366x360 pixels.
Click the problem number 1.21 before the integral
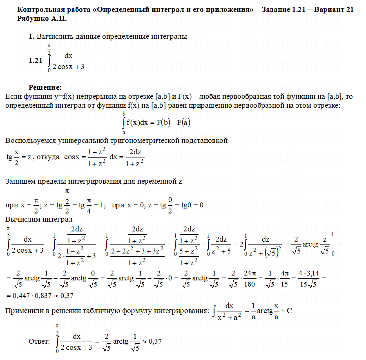[36, 60]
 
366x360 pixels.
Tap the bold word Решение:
[45, 87]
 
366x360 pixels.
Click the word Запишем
[20, 182]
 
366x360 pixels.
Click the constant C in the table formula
[289, 311]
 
